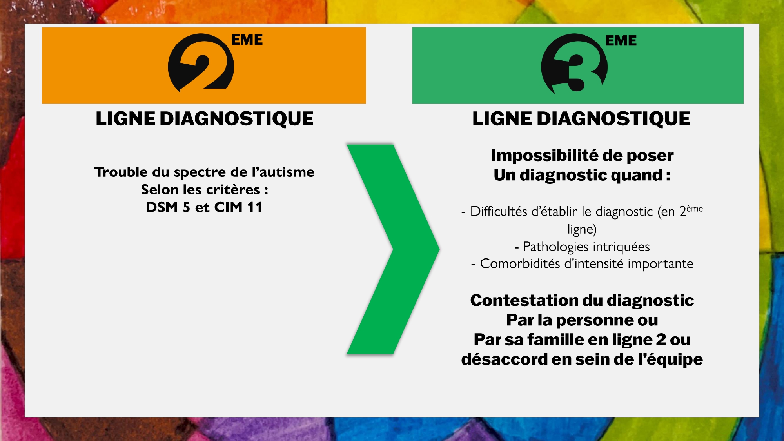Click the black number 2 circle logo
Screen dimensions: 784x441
(201, 62)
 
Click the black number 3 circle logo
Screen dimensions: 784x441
(574, 64)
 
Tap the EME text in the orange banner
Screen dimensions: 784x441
(247, 40)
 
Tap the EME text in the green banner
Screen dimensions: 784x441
(621, 40)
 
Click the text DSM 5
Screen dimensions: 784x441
(168, 207)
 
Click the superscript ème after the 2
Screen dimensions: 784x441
(695, 209)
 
